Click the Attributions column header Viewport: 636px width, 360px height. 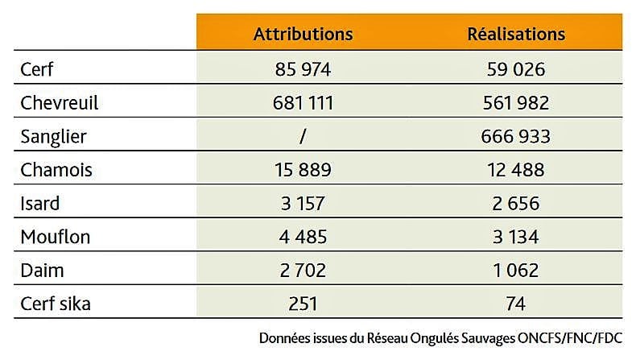303,34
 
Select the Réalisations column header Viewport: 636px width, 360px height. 516,34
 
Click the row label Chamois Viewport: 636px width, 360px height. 56,170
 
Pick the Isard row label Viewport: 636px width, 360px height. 40,203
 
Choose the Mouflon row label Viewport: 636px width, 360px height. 56,237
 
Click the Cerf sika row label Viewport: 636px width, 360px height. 55,304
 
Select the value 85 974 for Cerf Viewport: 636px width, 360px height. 303,69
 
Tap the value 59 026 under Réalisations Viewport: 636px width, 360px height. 516,69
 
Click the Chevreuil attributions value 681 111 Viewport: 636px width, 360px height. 303,103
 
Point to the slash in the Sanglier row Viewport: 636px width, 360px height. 303,136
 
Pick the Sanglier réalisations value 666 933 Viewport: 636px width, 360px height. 516,136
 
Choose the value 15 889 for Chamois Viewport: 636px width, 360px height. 303,170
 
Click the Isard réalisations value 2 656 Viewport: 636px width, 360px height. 516,203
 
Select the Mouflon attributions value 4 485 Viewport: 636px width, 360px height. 303,237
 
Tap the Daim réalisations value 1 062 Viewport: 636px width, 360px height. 516,270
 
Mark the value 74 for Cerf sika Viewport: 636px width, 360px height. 516,304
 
